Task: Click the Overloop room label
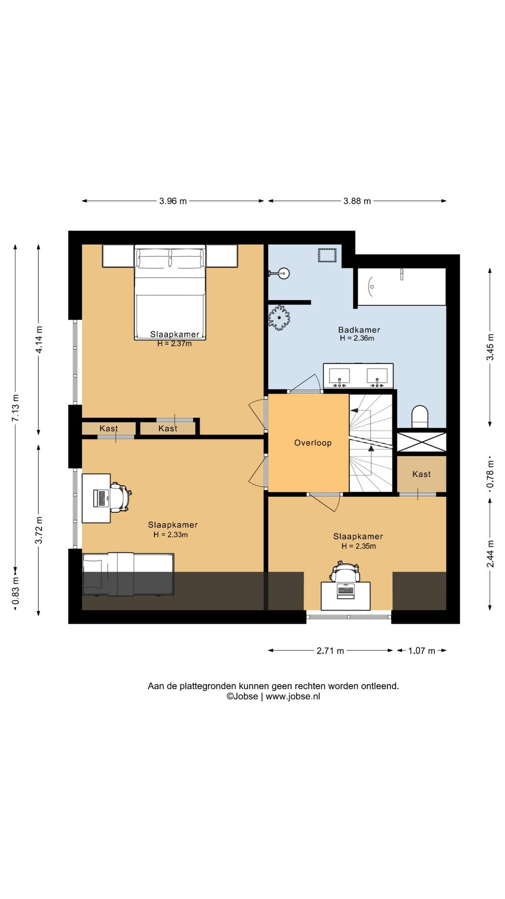[x=313, y=443]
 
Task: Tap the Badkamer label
[x=359, y=330]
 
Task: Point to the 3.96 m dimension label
[x=173, y=201]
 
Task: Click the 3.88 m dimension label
[x=357, y=201]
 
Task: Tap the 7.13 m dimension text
[x=15, y=407]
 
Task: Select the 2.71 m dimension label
[x=330, y=650]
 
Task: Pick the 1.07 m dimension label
[x=422, y=650]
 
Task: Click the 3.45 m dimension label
[x=490, y=347]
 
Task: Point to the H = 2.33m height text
[x=171, y=535]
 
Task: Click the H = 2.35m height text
[x=359, y=546]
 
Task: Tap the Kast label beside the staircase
[x=422, y=474]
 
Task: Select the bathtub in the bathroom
[x=402, y=287]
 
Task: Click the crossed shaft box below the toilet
[x=422, y=442]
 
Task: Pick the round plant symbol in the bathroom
[x=279, y=317]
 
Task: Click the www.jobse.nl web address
[x=293, y=696]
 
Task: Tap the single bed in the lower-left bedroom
[x=128, y=575]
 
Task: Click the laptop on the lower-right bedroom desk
[x=346, y=591]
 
